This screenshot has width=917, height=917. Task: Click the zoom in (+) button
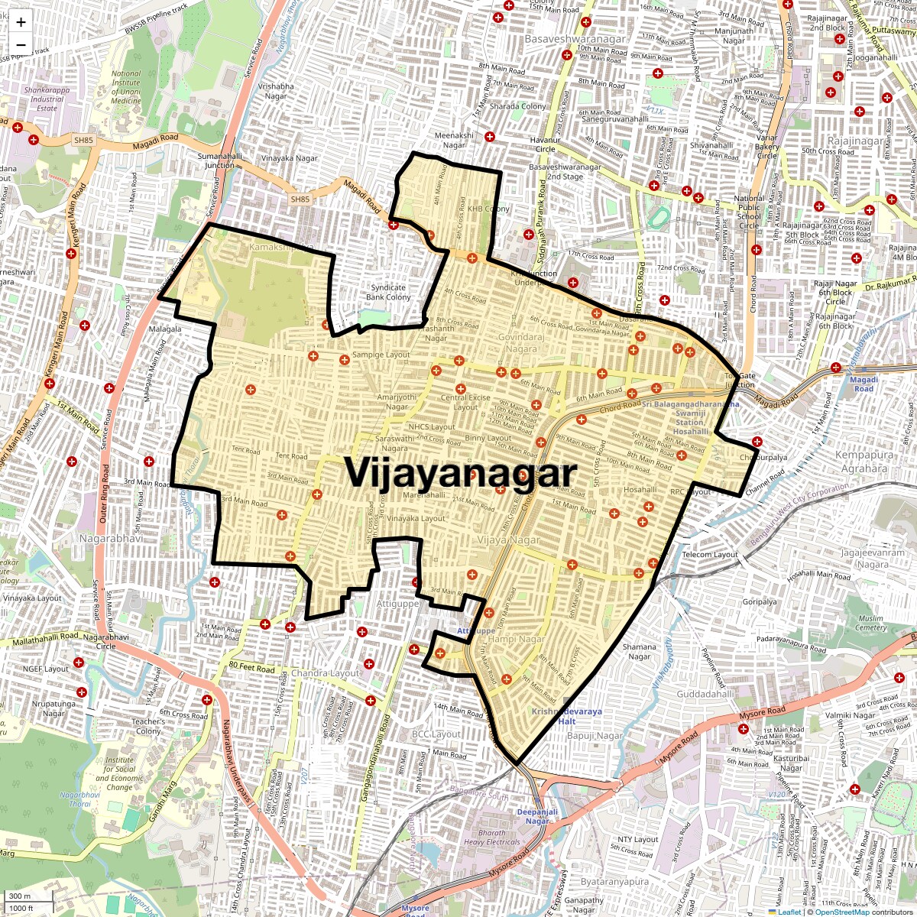click(x=21, y=23)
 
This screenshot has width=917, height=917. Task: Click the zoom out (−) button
click(x=21, y=45)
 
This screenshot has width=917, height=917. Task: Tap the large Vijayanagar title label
click(x=460, y=473)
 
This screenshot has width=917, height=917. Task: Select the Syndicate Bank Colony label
click(x=388, y=293)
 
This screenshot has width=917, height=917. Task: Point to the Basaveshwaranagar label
click(x=575, y=38)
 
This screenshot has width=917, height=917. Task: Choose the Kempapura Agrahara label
click(x=864, y=462)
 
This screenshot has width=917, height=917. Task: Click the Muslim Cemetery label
click(x=870, y=623)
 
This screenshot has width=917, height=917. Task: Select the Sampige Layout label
click(x=381, y=355)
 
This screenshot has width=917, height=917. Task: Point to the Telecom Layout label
click(x=710, y=555)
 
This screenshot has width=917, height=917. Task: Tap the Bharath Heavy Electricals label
click(x=491, y=838)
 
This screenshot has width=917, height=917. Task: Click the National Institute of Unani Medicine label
click(x=126, y=88)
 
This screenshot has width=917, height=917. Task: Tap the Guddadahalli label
click(x=705, y=695)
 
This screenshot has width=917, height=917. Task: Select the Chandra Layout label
click(x=325, y=673)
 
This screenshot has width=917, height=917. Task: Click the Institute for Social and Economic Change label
click(x=119, y=773)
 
